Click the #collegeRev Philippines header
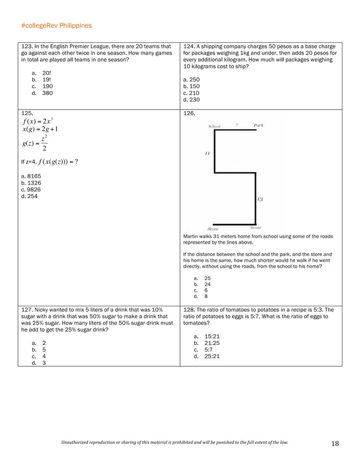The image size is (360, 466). point(56,26)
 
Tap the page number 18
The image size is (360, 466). point(335,443)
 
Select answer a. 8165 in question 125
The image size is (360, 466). point(30,176)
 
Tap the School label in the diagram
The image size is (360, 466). point(214,126)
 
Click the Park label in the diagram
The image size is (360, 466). point(258,125)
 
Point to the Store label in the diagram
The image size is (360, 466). point(213,229)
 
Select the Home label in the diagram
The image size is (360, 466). point(256,228)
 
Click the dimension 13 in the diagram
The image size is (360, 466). point(260,199)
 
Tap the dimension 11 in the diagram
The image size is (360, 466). point(207,153)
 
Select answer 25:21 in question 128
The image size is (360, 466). point(212,356)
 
